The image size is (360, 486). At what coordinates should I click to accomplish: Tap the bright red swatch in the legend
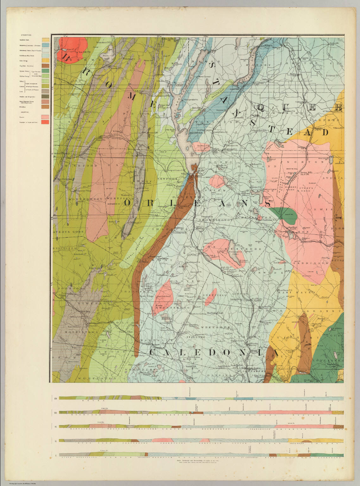tap(46, 122)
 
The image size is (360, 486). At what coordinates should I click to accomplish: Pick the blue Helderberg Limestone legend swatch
tap(46, 45)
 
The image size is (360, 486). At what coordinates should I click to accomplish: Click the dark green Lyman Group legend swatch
tap(46, 71)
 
